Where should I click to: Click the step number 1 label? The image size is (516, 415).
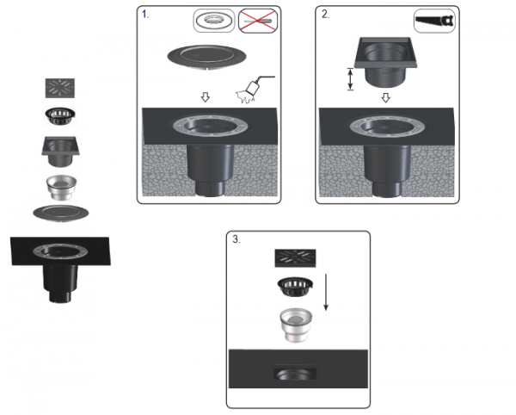tap(145, 15)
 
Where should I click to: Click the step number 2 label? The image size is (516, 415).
tap(325, 15)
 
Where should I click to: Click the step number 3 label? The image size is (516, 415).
tap(236, 239)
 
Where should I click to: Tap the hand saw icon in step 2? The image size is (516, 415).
tap(434, 21)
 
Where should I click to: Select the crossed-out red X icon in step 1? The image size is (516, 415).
tap(258, 21)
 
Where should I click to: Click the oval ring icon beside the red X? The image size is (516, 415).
tap(214, 21)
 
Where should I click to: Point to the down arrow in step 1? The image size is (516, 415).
tap(206, 97)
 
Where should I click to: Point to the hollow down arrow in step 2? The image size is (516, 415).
tap(385, 98)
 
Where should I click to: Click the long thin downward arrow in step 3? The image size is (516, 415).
tap(326, 292)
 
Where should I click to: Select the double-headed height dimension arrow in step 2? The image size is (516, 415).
tap(351, 79)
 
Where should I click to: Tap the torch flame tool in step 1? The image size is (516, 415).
tap(254, 90)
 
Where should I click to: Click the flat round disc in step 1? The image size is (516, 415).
tap(207, 57)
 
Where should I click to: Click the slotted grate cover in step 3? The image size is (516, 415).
tap(296, 258)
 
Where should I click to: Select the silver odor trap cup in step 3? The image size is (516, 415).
tap(296, 325)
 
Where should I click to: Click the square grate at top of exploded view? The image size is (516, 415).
tap(60, 88)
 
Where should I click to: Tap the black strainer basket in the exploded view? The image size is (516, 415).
tap(60, 116)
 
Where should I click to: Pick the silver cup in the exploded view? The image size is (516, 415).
tap(62, 187)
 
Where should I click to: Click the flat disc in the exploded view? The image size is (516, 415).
tap(61, 214)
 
